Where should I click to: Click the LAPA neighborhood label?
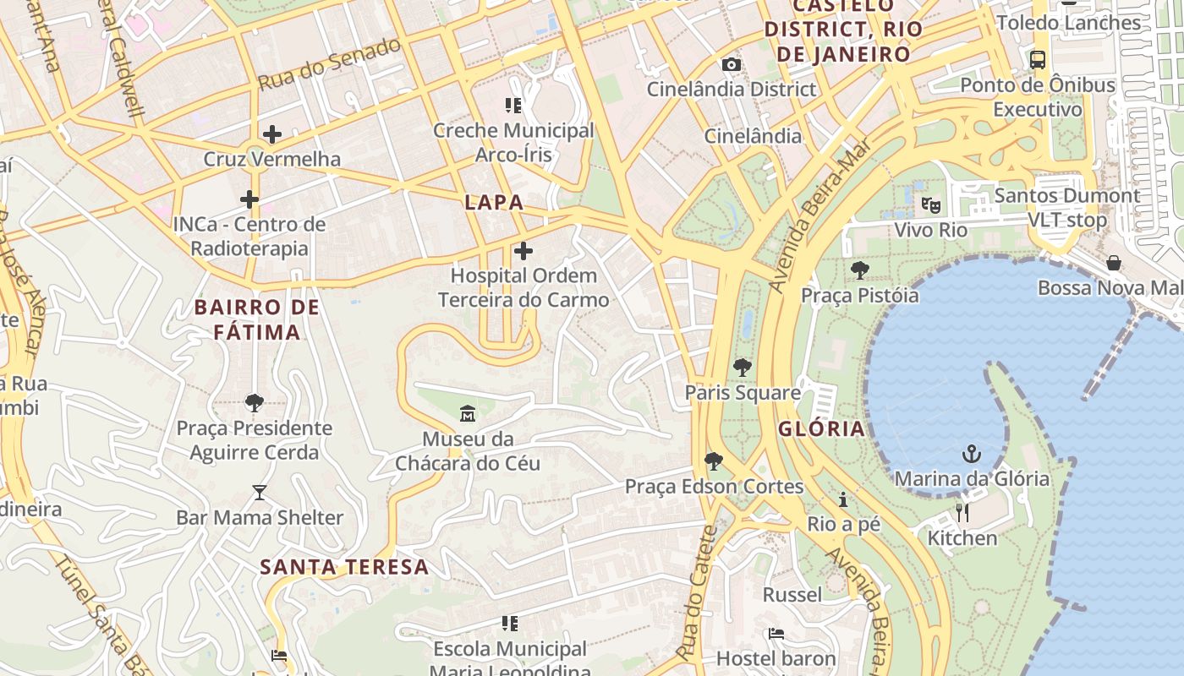(494, 203)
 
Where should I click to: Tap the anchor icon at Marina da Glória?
(972, 455)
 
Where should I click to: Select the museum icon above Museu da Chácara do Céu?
(467, 414)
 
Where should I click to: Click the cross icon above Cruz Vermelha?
(272, 134)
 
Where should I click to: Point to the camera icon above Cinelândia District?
(732, 65)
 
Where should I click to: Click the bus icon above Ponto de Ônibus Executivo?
(1038, 60)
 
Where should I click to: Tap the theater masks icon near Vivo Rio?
(930, 205)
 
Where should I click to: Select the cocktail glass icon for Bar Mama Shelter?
(259, 493)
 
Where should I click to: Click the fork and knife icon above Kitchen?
(962, 513)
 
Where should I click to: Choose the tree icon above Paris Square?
(743, 368)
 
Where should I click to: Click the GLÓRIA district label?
(821, 428)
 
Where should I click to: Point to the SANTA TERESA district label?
(344, 567)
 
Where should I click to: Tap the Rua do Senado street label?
(329, 64)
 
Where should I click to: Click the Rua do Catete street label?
(696, 593)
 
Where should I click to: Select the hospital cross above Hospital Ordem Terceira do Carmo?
(523, 251)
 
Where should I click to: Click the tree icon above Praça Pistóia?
(860, 270)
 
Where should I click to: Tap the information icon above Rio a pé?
(843, 499)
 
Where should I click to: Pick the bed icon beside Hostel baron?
(776, 634)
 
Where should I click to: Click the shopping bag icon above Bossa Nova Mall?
(1114, 263)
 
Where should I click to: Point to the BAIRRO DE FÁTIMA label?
(257, 319)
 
